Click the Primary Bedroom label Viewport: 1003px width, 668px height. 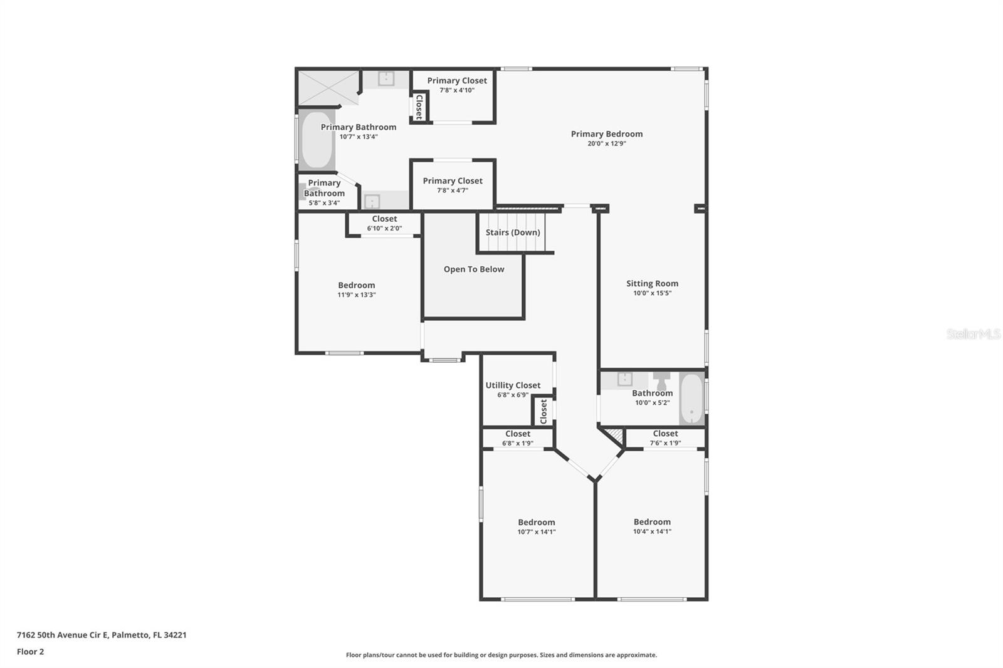click(x=606, y=133)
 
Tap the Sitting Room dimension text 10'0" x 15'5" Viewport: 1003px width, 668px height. click(x=652, y=293)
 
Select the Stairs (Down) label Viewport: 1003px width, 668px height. click(x=512, y=232)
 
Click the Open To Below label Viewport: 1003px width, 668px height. click(x=473, y=269)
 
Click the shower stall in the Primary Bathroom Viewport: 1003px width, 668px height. click(x=327, y=87)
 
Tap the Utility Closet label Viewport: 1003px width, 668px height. click(x=512, y=385)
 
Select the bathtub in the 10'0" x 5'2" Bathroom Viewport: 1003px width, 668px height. click(x=691, y=399)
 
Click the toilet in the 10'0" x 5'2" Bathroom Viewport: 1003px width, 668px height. click(x=661, y=380)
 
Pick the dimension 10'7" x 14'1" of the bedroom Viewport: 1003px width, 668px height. click(x=536, y=532)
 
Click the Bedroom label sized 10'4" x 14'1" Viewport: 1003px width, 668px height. click(x=652, y=521)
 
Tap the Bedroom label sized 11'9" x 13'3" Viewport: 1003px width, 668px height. click(x=356, y=285)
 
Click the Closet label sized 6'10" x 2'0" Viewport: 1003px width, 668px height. click(x=384, y=219)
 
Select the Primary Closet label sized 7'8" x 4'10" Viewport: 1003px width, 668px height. click(x=456, y=80)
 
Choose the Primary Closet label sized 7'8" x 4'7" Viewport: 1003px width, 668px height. click(x=452, y=180)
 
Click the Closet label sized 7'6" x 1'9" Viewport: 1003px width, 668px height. click(x=665, y=434)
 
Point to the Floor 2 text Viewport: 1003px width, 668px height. click(x=30, y=652)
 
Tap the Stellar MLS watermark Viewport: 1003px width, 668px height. click(x=973, y=334)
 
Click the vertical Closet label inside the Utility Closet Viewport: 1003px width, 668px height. click(x=544, y=412)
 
